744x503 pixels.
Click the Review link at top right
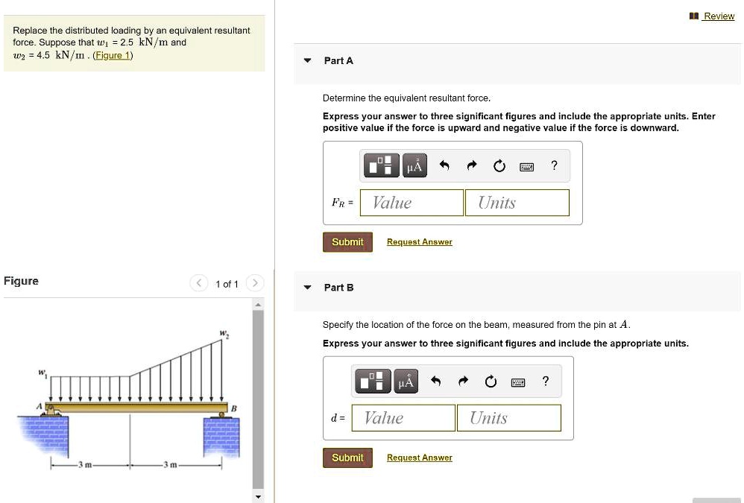pos(719,16)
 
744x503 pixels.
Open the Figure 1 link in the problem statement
pos(113,55)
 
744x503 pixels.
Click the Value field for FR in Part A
pos(412,203)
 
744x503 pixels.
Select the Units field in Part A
pos(517,203)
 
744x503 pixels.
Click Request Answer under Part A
pos(419,242)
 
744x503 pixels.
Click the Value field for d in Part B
pos(403,418)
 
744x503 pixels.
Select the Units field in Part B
pos(508,418)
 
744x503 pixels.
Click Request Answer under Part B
pos(419,458)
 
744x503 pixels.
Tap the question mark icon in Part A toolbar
pos(553,166)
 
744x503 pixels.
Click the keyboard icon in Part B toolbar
pos(518,382)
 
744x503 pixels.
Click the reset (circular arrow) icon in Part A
pos(499,166)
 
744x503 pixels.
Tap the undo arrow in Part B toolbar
pos(436,382)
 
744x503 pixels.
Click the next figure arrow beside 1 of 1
pos(255,283)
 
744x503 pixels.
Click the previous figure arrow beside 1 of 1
pos(199,283)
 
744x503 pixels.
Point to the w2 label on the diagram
pos(223,335)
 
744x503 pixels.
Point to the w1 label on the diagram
pos(43,370)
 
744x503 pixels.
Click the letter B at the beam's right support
pos(233,408)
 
